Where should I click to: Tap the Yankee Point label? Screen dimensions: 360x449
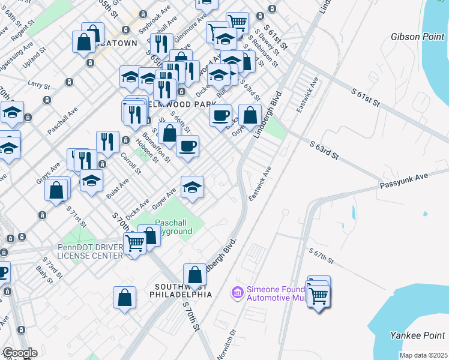423,335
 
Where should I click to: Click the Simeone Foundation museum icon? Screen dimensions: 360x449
237,292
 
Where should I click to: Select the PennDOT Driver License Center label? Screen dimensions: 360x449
90,251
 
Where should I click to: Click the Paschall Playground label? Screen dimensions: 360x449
173,227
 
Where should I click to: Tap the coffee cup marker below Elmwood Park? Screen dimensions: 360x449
187,146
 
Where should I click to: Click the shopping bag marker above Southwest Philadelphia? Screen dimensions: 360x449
194,275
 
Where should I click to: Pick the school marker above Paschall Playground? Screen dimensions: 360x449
192,187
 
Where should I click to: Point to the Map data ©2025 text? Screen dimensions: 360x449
423,355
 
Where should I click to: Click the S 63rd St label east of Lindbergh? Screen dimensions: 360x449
325,150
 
